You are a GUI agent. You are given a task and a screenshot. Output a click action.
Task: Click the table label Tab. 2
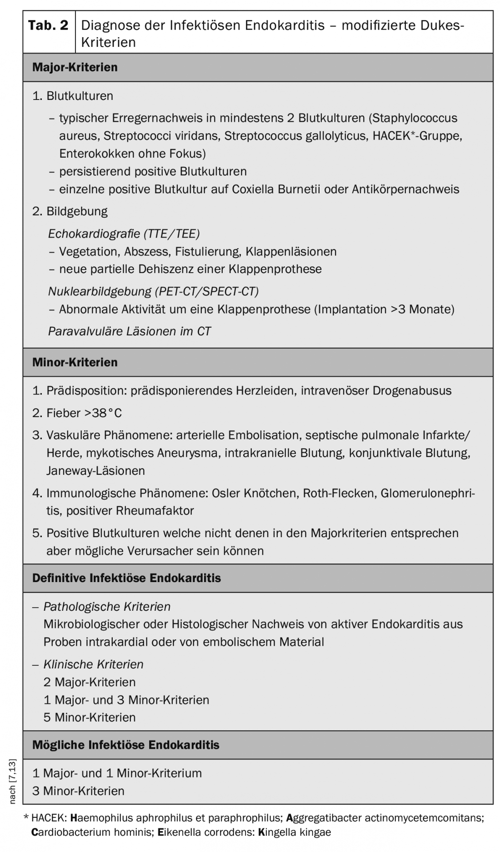click(x=48, y=25)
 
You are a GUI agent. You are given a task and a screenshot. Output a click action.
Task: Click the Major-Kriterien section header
click(x=75, y=67)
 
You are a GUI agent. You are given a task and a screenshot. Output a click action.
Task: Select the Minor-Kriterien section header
click(x=75, y=362)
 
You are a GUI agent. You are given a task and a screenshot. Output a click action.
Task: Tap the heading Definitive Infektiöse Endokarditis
click(x=126, y=578)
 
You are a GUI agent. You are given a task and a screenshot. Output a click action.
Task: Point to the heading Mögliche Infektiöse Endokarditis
click(x=125, y=745)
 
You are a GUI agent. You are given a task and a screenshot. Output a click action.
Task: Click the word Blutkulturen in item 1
click(x=80, y=96)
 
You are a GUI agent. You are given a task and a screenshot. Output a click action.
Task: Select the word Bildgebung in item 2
click(x=77, y=211)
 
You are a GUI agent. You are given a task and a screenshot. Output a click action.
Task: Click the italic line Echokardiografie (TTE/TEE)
click(x=124, y=234)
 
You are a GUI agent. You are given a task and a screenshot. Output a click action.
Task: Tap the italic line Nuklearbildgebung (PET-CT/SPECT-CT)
click(x=153, y=291)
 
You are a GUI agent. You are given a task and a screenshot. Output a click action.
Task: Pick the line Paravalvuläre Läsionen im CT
click(x=129, y=331)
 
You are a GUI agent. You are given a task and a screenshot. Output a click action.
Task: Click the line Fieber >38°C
click(x=84, y=413)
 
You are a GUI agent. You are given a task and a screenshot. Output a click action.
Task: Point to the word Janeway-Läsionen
click(x=95, y=471)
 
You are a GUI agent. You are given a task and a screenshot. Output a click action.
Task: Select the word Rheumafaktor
click(x=155, y=511)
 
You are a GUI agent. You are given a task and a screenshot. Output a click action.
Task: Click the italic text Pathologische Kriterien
click(x=107, y=607)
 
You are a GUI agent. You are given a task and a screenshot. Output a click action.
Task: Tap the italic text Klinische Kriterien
click(x=93, y=664)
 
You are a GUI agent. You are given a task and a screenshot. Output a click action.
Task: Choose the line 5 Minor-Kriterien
click(x=90, y=717)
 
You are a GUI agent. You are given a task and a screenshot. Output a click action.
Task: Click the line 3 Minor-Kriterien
click(x=78, y=791)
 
